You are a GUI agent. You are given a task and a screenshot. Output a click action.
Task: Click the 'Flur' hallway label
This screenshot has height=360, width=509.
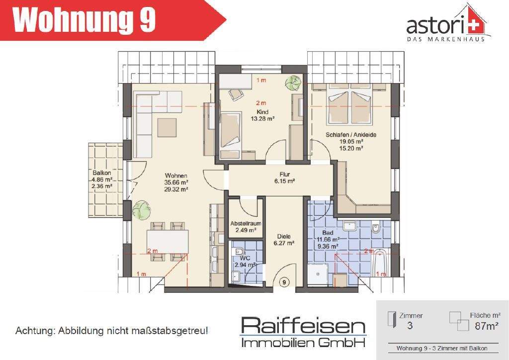(284, 175)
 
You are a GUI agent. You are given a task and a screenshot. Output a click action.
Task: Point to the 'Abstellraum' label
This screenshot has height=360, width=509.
(246, 223)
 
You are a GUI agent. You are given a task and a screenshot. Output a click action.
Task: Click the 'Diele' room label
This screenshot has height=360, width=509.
(284, 237)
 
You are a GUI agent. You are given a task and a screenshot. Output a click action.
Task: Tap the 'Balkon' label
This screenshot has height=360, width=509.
(101, 173)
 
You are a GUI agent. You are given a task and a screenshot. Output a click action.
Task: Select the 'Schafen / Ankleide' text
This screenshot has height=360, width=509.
(351, 135)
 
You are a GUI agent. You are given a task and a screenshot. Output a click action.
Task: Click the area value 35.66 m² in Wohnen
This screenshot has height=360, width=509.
(176, 182)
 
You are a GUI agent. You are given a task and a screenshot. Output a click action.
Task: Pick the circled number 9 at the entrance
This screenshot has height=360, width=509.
(284, 282)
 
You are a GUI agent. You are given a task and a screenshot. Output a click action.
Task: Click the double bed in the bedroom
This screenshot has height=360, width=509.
(350, 106)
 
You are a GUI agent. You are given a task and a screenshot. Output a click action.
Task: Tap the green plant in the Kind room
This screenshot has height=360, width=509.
(293, 82)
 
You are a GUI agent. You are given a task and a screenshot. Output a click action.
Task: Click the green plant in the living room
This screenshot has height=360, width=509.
(141, 210)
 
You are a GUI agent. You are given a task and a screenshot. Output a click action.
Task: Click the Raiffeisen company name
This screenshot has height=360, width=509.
(303, 327)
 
